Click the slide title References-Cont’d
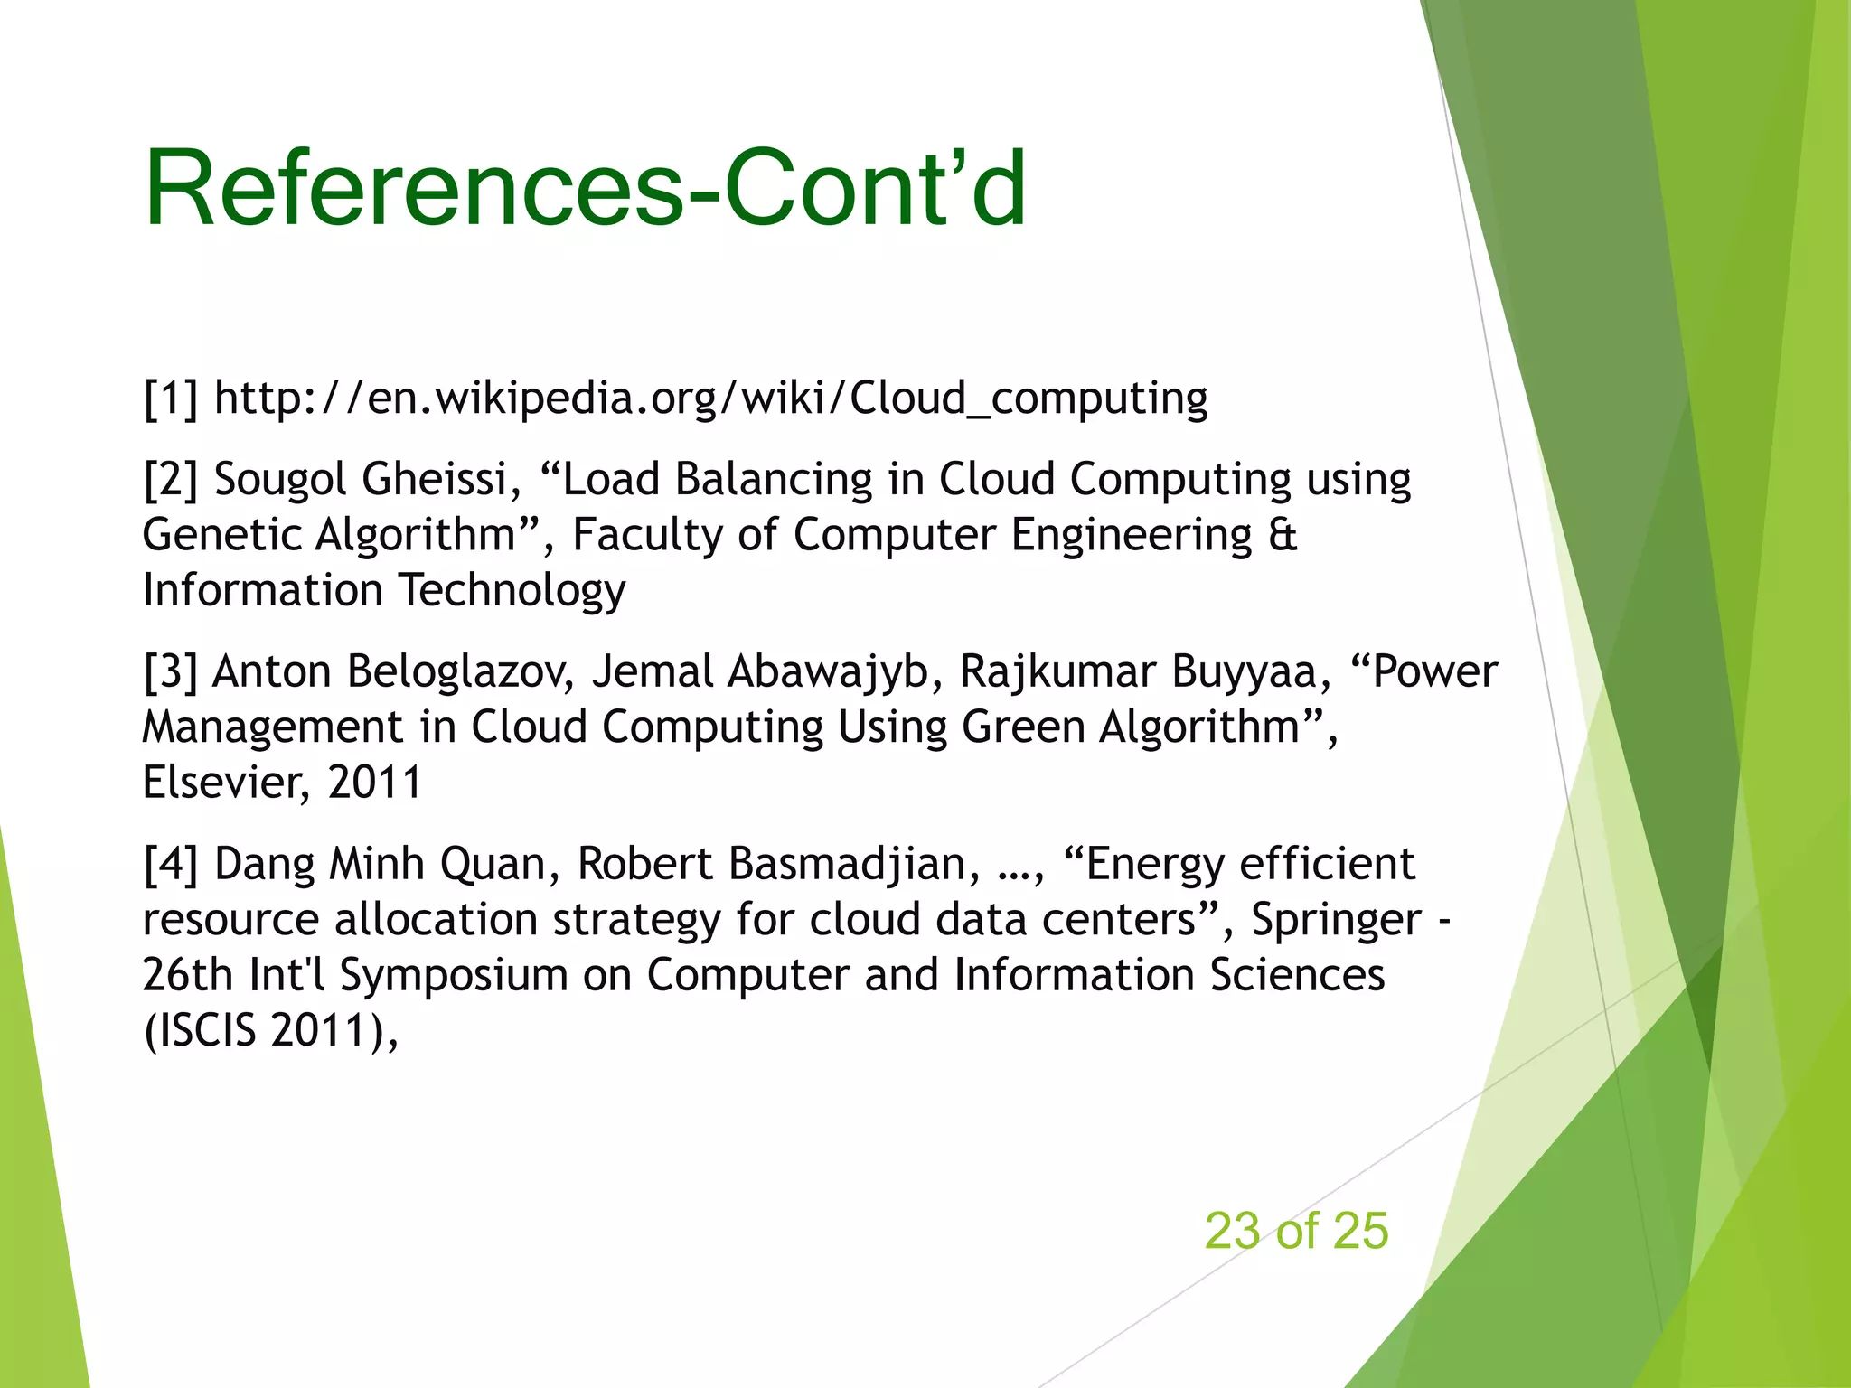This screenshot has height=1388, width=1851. tap(586, 188)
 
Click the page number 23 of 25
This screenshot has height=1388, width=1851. tap(1295, 1231)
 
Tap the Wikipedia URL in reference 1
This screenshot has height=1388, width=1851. tap(710, 399)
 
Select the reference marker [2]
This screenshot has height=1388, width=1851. tap(170, 479)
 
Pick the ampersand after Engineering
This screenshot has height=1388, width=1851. tap(1283, 535)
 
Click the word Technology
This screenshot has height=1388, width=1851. tap(512, 591)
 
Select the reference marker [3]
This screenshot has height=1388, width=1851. tap(170, 672)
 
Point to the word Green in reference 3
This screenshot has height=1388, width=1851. tap(1022, 727)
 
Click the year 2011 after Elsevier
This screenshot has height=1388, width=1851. tap(374, 783)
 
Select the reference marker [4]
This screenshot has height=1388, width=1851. tap(170, 865)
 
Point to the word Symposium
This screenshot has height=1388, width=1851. tap(453, 976)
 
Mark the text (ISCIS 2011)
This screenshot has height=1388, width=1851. tap(268, 1031)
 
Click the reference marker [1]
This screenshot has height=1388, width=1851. tap(170, 399)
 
